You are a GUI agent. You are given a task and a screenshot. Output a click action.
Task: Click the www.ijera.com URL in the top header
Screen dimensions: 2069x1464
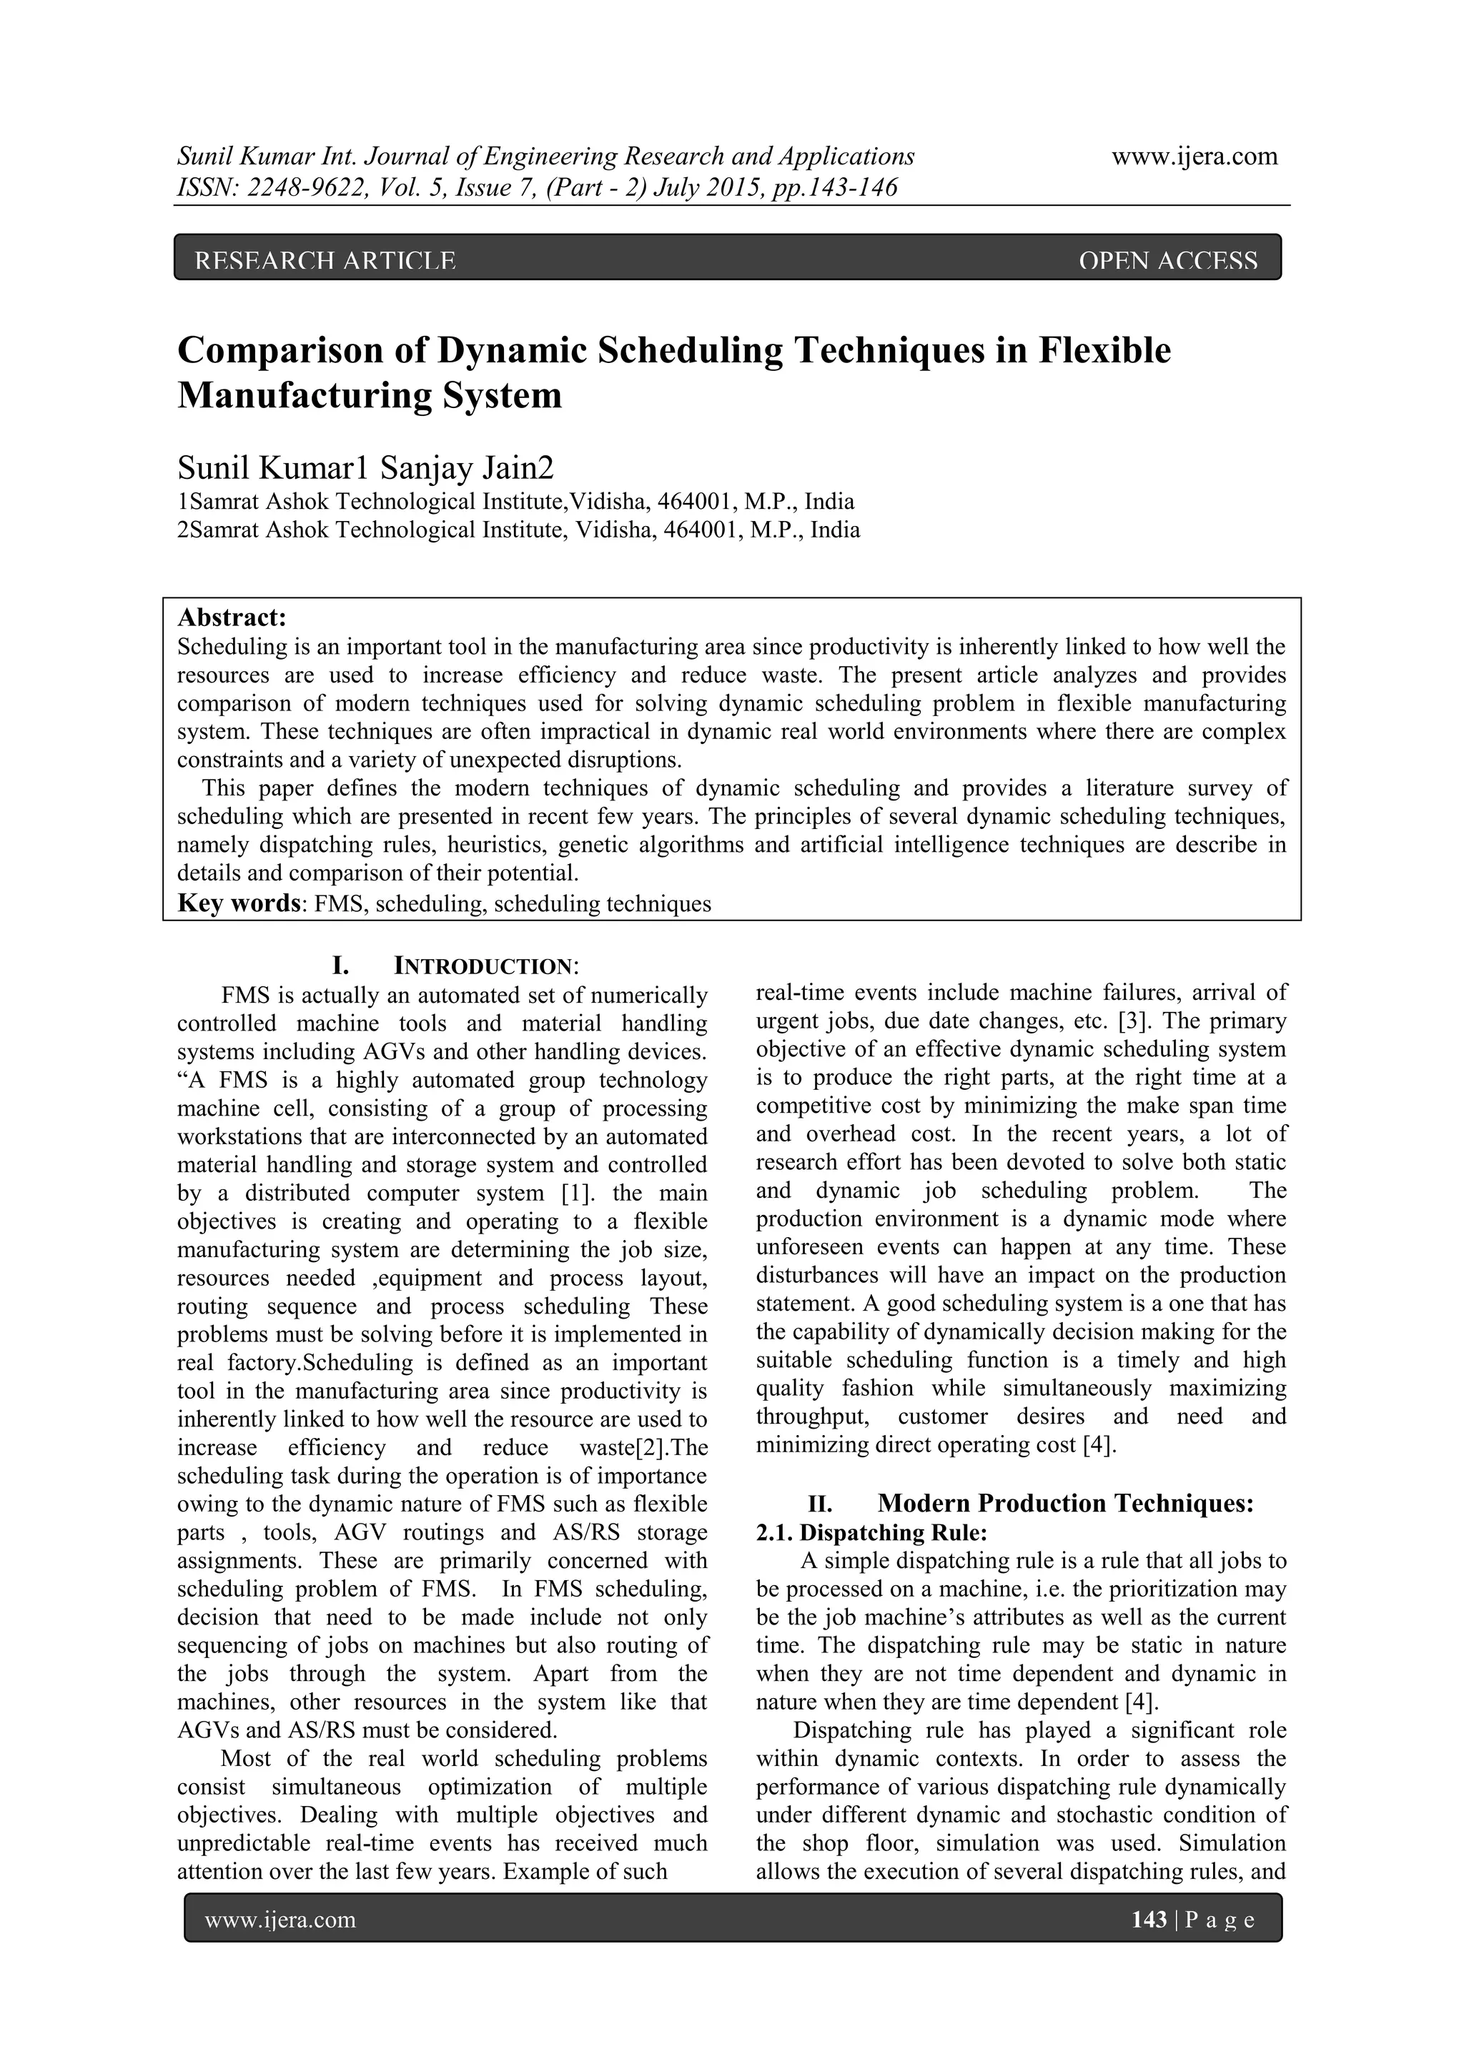pyautogui.click(x=1194, y=157)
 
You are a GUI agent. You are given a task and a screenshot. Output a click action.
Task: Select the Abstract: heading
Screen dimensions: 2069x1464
pyautogui.click(x=232, y=618)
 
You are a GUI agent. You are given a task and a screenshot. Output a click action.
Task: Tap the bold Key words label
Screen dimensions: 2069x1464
pyautogui.click(x=238, y=904)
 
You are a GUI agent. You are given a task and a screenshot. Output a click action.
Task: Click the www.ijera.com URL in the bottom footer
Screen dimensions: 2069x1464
pyautogui.click(x=280, y=1921)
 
